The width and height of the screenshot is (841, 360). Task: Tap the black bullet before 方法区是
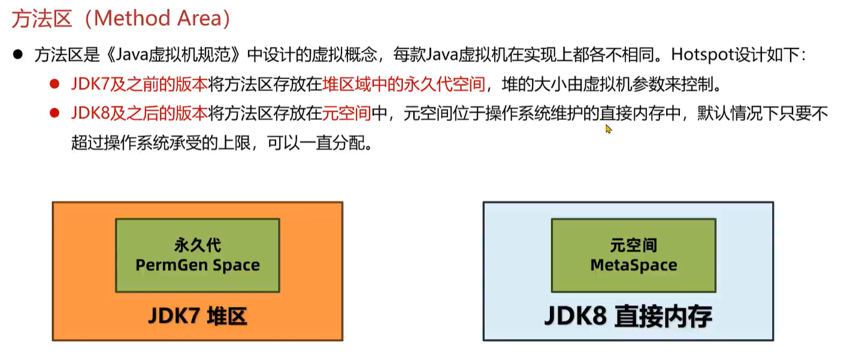pyautogui.click(x=18, y=55)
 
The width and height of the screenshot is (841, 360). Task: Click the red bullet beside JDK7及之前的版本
pyautogui.click(x=55, y=84)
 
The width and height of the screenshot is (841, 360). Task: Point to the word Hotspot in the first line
pyautogui.click(x=696, y=55)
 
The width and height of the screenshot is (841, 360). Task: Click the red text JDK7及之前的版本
pyautogui.click(x=139, y=84)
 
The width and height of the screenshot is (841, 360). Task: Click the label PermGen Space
pyautogui.click(x=198, y=265)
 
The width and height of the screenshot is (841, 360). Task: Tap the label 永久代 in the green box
pyautogui.click(x=198, y=245)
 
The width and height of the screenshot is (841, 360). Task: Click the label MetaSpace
pyautogui.click(x=634, y=265)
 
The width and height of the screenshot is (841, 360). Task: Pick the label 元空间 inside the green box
pyautogui.click(x=634, y=245)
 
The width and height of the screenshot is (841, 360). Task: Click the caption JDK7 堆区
pyautogui.click(x=198, y=316)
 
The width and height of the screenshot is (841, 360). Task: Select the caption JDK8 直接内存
pyautogui.click(x=628, y=316)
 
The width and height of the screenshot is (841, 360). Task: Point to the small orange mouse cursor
pyautogui.click(x=609, y=128)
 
